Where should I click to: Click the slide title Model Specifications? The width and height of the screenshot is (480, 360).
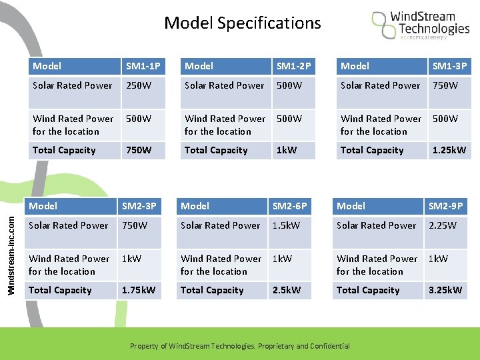[242, 23]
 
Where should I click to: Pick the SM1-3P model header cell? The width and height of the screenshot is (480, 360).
[449, 66]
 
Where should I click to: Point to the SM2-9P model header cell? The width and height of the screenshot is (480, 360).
[445, 206]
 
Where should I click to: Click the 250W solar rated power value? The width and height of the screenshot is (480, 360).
[139, 85]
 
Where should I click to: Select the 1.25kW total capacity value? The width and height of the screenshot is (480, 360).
[449, 150]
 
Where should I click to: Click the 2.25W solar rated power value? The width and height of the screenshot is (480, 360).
[443, 225]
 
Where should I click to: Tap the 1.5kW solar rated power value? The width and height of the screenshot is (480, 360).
[286, 225]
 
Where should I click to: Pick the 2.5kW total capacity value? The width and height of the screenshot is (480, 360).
[287, 290]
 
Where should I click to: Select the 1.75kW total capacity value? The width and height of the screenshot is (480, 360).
[138, 290]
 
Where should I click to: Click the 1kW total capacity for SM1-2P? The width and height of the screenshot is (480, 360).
[287, 150]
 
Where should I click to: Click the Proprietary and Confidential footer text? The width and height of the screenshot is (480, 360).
[239, 346]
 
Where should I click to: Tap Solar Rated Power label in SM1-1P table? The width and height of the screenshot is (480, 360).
[73, 85]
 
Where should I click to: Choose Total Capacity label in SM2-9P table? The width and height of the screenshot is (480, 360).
[368, 290]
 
